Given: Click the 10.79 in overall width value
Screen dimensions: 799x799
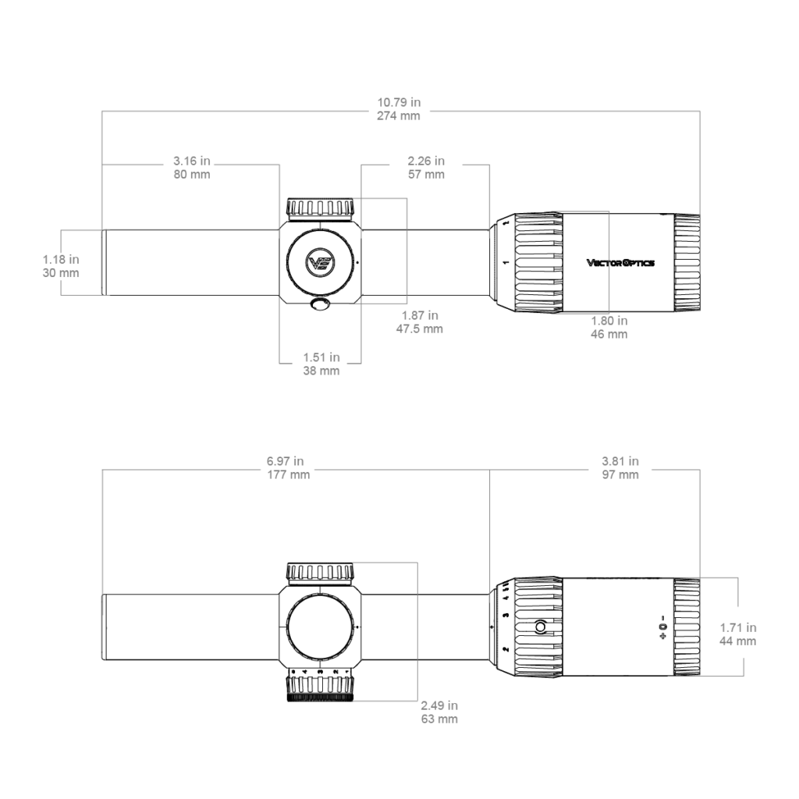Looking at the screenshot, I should click(399, 102).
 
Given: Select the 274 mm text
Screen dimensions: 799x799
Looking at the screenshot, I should click(399, 115).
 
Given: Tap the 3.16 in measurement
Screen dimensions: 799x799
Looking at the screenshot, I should click(192, 161).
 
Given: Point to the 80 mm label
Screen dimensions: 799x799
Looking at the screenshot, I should click(192, 174).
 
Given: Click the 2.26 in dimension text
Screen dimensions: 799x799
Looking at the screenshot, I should click(427, 161).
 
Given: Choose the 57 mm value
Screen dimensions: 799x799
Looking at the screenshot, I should click(427, 174).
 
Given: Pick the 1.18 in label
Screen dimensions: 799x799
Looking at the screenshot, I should click(61, 259).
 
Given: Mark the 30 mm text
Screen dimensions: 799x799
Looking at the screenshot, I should click(61, 273).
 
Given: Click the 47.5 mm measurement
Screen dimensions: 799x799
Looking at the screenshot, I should click(420, 328).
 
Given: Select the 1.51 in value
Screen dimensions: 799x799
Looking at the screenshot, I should click(321, 357).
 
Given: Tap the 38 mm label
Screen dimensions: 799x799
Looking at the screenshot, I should click(321, 371).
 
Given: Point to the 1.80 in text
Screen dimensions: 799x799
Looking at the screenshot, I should click(609, 321).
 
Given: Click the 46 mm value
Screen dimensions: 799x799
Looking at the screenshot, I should click(609, 334).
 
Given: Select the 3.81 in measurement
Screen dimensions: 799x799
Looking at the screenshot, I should click(620, 460).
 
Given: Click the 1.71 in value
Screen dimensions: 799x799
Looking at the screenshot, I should click(738, 627).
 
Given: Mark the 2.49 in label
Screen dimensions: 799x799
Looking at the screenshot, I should click(439, 705).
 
